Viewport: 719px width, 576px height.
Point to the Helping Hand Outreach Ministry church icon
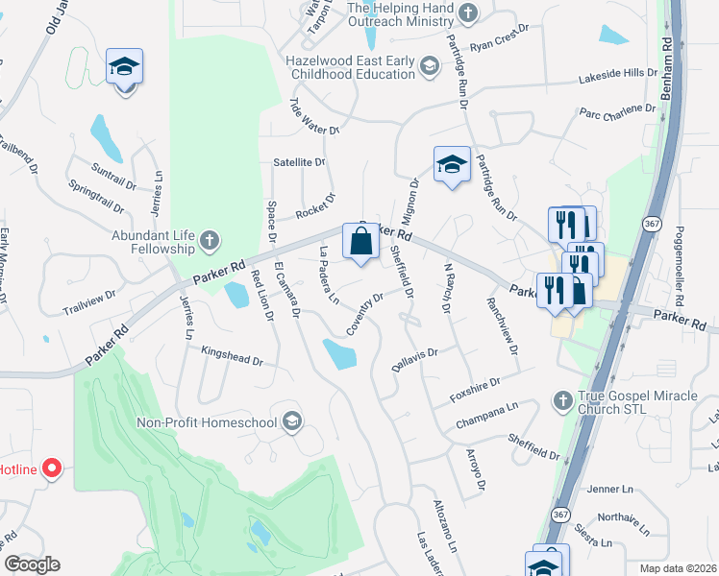(468, 13)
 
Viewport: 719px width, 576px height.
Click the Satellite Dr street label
(300, 162)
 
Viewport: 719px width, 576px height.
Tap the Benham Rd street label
(665, 70)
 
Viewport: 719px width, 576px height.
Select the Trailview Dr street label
(89, 304)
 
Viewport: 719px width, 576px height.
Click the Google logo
(32, 564)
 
